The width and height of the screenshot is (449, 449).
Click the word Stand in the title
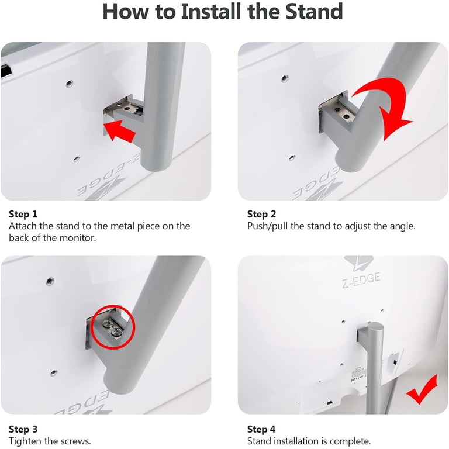pos(315,12)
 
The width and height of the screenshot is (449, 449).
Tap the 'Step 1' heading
pos(23,214)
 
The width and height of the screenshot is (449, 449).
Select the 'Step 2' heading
pos(262,214)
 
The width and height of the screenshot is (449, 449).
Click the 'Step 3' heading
pos(23,429)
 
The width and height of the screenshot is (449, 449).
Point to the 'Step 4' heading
pos(261,429)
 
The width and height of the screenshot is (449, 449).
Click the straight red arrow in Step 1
pos(119,131)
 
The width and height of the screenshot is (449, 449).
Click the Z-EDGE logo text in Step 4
pos(361,280)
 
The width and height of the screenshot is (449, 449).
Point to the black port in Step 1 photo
pos(6,71)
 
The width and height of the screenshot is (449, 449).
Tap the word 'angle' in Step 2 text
pos(403,226)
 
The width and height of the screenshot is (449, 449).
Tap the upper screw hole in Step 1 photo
pos(70,84)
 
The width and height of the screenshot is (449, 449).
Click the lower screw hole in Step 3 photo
pos(54,373)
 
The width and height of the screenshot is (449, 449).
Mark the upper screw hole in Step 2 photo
pos(285,78)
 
